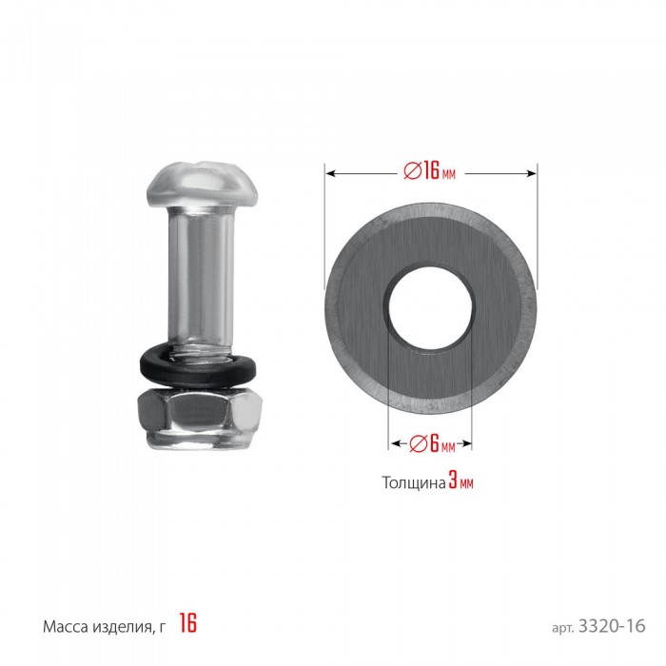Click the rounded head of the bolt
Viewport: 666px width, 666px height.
(x=203, y=185)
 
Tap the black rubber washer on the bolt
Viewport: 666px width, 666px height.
(x=198, y=367)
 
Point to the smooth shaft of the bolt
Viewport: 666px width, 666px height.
(x=202, y=272)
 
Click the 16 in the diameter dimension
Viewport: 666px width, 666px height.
(x=432, y=171)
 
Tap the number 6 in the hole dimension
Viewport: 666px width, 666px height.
(x=434, y=443)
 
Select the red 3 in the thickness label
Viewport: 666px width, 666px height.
(x=453, y=481)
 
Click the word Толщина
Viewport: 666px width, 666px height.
(x=414, y=483)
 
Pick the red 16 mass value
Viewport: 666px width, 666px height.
(x=187, y=623)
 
